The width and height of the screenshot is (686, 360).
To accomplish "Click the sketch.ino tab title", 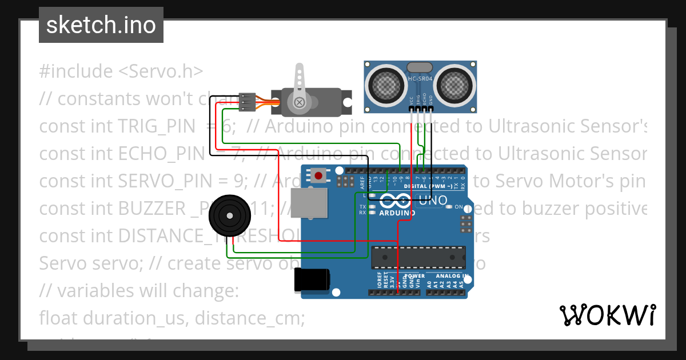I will click(101, 25).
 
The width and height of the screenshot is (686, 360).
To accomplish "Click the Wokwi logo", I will click(607, 315).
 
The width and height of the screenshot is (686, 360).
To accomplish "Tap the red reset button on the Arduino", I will click(318, 175).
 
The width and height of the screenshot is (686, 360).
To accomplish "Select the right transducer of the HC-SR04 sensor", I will click(456, 85).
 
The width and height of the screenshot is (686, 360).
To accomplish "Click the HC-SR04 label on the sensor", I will click(420, 79).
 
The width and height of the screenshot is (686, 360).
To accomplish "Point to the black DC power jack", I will click(312, 280).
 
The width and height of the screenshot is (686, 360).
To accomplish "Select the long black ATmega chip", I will click(418, 257).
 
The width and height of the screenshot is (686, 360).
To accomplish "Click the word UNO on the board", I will click(433, 201).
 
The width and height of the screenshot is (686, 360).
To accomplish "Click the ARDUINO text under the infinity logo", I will click(397, 213).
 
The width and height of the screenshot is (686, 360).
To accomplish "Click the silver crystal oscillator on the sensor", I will click(420, 67).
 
